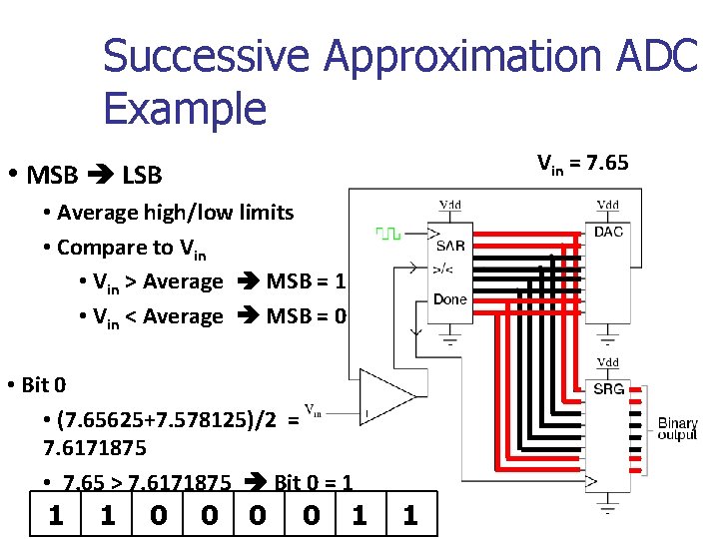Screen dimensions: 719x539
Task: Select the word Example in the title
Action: tap(185, 108)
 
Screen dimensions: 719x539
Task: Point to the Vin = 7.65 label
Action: tap(583, 163)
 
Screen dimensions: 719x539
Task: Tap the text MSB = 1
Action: tap(306, 281)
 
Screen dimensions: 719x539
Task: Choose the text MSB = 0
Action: tap(306, 316)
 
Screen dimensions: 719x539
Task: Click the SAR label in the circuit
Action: tap(450, 246)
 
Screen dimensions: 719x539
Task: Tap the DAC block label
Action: tap(608, 233)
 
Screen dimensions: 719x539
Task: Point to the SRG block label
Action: tap(608, 389)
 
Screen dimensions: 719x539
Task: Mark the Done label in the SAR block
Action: tap(450, 299)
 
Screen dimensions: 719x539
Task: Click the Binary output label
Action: tap(678, 430)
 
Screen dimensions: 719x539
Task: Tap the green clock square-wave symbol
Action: tap(387, 234)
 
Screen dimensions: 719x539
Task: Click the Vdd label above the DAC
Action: tap(608, 205)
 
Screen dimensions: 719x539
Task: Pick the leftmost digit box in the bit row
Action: tap(56, 515)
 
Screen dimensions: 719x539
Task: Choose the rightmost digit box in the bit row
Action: tap(409, 515)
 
